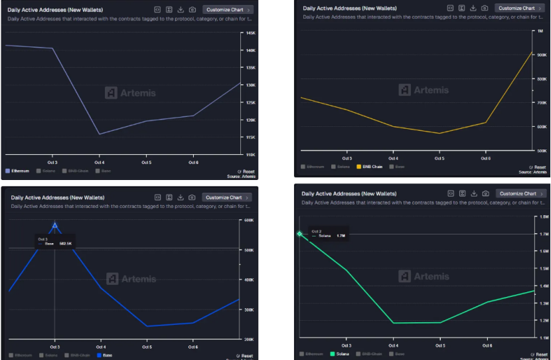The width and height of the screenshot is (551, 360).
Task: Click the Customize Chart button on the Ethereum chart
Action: pos(228,10)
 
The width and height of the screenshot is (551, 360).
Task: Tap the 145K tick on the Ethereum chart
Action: pos(250,33)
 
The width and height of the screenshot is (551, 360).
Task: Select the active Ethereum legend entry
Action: pos(18,171)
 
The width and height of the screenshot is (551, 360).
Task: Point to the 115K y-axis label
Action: pos(250,137)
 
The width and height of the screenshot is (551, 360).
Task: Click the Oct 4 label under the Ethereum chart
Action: pos(100,162)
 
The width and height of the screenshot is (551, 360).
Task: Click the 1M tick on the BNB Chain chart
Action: pos(539,31)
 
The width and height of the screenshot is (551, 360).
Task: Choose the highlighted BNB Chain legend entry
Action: pos(370,167)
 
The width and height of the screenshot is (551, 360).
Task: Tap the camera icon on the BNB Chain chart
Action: pos(485,8)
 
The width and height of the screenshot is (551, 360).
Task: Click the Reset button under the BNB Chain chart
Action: pos(538,167)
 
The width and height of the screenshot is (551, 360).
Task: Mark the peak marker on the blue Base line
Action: pos(55,226)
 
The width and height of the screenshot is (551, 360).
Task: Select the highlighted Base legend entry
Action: pos(105,355)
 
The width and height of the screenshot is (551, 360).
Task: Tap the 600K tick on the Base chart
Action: pos(250,220)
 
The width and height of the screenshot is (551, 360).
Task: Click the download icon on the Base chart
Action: pos(181,197)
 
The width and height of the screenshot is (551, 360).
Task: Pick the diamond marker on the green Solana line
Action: pos(299,234)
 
